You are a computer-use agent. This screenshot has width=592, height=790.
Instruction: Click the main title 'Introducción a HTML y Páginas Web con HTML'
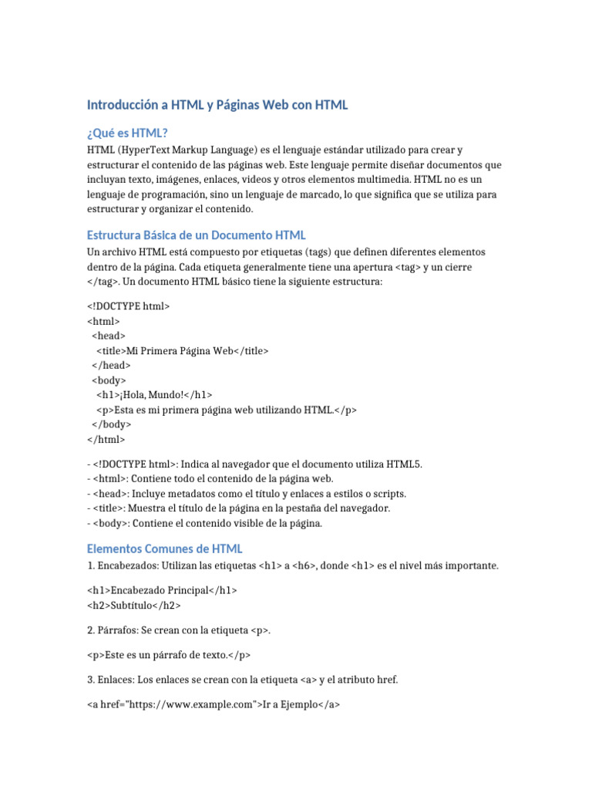coord(217,105)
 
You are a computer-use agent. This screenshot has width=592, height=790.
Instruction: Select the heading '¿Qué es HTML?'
coord(127,133)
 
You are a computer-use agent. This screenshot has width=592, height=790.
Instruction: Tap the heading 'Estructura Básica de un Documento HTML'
coord(197,235)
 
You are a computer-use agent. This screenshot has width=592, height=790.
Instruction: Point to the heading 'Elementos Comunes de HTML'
coord(165,549)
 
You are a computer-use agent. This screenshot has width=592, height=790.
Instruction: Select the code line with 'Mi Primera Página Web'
coord(183,350)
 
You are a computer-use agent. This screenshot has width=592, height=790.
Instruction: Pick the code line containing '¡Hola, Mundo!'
coord(154,394)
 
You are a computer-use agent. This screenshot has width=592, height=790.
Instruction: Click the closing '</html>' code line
coord(106,439)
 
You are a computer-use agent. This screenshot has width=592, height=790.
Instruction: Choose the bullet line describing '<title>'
coord(239,508)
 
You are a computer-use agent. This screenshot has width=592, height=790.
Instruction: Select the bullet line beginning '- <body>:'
coord(205,523)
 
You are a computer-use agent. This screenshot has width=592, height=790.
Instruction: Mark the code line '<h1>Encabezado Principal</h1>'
coord(163,590)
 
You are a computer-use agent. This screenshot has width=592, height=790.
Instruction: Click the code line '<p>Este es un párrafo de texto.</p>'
coord(169,654)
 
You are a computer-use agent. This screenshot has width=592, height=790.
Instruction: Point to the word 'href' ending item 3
coord(386,679)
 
